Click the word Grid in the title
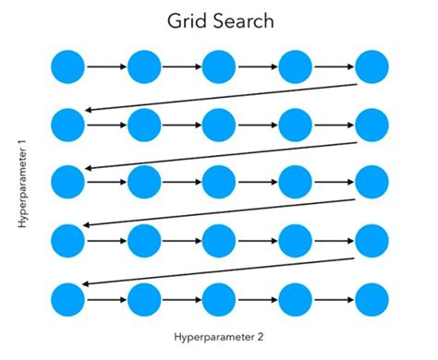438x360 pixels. (x=184, y=19)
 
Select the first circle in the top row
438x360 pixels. (x=67, y=66)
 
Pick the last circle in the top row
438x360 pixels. (x=372, y=66)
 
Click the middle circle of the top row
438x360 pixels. (x=220, y=66)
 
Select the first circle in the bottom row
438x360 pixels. (x=67, y=299)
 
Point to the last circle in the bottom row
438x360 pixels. (x=372, y=299)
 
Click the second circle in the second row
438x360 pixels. (x=144, y=125)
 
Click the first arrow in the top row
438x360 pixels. (x=105, y=66)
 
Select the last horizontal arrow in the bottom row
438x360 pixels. (x=334, y=299)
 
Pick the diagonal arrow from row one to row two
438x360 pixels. (x=220, y=97)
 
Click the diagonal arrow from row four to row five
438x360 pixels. (x=220, y=271)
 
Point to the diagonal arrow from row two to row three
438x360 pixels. (x=220, y=154)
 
